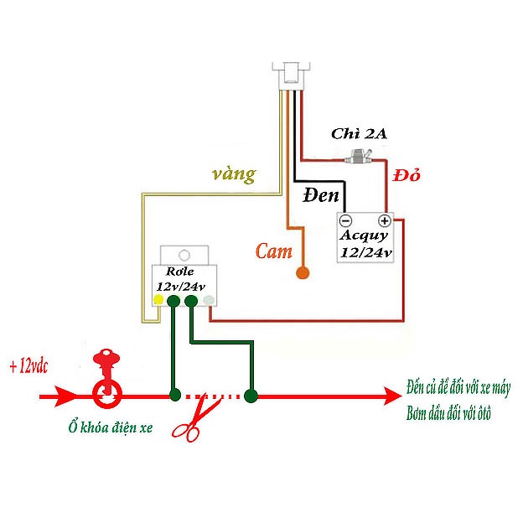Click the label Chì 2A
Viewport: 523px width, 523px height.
point(359,133)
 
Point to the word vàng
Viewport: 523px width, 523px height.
point(234,174)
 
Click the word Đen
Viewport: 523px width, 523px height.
point(321,197)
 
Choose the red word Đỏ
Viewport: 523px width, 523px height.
point(406,176)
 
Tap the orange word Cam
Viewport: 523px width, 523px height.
point(274,251)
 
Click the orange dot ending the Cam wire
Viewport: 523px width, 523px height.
point(302,273)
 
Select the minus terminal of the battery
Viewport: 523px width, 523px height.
point(346,221)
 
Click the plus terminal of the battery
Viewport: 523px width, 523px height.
point(385,221)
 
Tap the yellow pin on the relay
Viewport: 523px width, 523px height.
point(158,299)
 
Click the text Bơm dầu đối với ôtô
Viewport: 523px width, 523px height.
point(448,414)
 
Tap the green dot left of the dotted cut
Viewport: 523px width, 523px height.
point(174,395)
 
